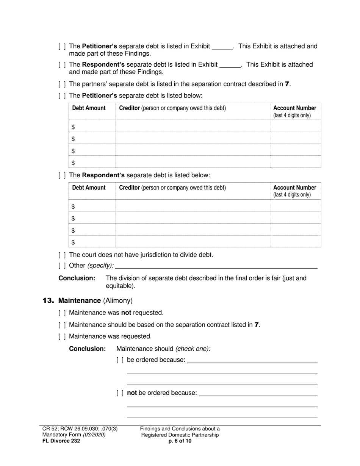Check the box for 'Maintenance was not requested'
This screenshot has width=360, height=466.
click(x=62, y=313)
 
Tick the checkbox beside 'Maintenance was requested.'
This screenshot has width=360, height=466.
click(x=62, y=336)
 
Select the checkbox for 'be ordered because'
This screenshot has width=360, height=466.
click(x=120, y=360)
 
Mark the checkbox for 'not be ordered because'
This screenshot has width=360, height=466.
click(x=120, y=393)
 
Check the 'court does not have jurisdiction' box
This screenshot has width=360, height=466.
click(x=62, y=255)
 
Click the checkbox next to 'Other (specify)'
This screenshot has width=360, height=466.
click(x=62, y=266)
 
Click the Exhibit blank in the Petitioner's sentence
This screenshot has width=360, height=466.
click(x=222, y=47)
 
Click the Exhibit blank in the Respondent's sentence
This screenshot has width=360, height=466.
click(x=230, y=65)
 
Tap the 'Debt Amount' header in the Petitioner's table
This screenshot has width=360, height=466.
click(x=89, y=108)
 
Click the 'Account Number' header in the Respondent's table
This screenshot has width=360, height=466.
click(x=294, y=188)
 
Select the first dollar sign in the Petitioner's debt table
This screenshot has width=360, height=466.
click(x=73, y=127)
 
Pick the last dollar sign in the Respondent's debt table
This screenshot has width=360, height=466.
click(x=73, y=242)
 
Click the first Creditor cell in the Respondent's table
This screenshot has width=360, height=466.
click(x=193, y=206)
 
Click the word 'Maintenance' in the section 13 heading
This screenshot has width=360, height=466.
click(x=80, y=300)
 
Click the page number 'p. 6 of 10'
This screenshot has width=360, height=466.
click(x=180, y=441)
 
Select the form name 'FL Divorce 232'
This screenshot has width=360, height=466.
click(x=61, y=441)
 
